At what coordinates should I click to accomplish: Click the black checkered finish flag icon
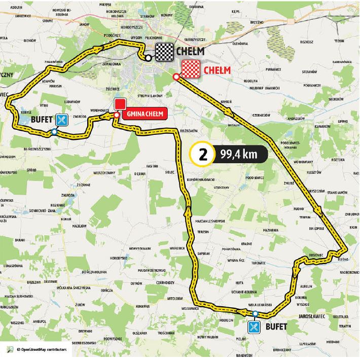click(164, 51)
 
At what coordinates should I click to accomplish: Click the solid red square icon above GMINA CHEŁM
click(120, 104)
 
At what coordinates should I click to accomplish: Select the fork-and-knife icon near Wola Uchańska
click(255, 327)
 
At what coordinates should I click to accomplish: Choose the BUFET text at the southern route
click(276, 327)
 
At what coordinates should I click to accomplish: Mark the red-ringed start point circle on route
click(175, 77)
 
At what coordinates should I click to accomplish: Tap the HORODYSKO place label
click(120, 259)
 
